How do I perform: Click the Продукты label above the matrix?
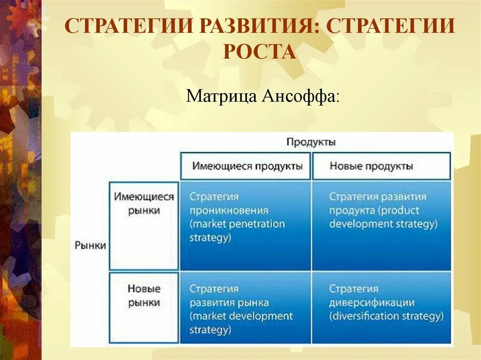[x=310, y=142]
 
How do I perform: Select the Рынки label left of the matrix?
[x=90, y=245]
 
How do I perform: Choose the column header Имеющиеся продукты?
[x=247, y=166]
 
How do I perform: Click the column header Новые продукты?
[x=371, y=166]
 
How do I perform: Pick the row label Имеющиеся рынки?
[x=144, y=204]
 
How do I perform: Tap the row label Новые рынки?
[x=144, y=296]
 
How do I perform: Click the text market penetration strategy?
[x=237, y=230]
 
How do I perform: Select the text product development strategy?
[x=383, y=217]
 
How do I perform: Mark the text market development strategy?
[x=240, y=322]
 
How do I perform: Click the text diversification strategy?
[x=386, y=316]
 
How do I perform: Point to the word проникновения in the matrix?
[x=229, y=210]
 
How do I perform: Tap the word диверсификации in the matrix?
[x=372, y=302]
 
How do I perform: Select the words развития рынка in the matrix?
[x=229, y=302]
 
